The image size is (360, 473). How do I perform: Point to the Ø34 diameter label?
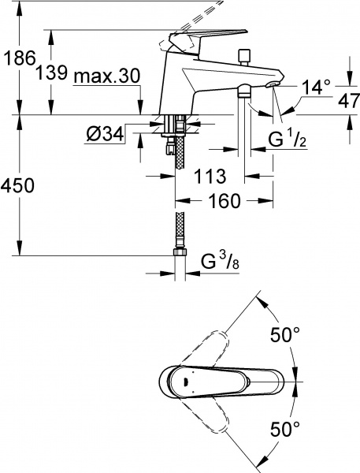(x=105, y=134)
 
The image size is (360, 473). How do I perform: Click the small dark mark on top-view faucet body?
(x=184, y=382)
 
